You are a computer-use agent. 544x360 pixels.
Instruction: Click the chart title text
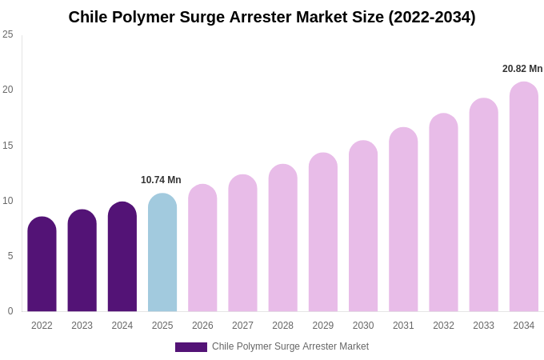[272, 17]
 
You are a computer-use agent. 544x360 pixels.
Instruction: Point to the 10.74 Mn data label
[161, 180]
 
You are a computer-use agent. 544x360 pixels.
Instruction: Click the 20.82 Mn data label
[522, 69]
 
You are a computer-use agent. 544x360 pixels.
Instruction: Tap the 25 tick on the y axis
[8, 34]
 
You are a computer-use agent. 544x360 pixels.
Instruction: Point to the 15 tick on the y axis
[8, 146]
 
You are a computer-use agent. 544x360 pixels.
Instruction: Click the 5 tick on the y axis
[10, 256]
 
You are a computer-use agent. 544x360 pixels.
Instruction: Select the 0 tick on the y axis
[10, 311]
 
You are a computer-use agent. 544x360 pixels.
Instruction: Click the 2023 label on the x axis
[82, 326]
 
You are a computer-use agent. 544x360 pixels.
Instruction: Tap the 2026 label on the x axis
[202, 326]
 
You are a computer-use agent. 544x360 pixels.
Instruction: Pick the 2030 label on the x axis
[363, 326]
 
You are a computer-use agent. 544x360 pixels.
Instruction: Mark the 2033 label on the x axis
[483, 326]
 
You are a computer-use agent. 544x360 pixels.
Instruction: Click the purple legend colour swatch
[191, 347]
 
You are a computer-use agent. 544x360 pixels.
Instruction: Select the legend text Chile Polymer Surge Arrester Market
[290, 346]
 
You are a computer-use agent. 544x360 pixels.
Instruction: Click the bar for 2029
[323, 233]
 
